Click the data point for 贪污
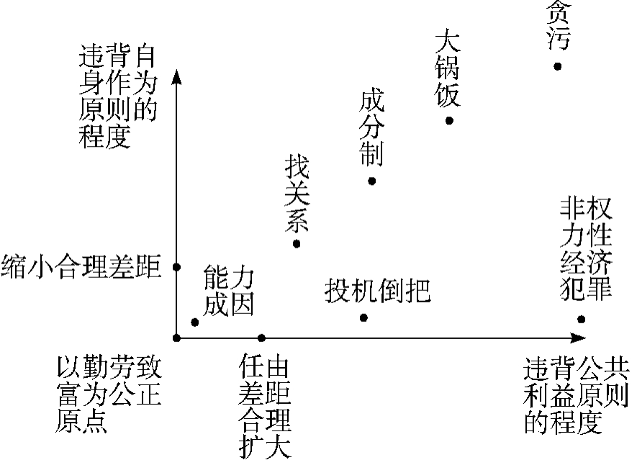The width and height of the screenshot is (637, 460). pos(557,66)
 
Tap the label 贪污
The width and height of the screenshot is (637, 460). pos(557,26)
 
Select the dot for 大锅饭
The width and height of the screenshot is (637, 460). pos(449,120)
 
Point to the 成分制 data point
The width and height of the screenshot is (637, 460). pos(371,181)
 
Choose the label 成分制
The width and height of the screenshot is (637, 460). pos(371,128)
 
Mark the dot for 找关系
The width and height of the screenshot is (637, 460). pos(297,244)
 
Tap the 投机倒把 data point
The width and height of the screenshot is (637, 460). pos(363,317)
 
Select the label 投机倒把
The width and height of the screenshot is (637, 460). pos(377,289)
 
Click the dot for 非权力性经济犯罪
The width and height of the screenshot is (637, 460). pos(582,319)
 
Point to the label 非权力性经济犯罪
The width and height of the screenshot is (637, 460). pos(586,249)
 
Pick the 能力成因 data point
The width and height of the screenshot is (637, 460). pos(194,322)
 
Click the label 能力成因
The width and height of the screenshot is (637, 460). pos(229,291)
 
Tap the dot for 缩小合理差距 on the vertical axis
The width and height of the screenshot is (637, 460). pos(176,267)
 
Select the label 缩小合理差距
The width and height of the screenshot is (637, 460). pos(81,266)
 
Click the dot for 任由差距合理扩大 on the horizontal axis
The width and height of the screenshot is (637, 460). pos(261,338)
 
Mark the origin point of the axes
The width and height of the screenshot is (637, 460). pos(176,338)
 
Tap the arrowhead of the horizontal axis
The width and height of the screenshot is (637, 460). pos(579,338)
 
